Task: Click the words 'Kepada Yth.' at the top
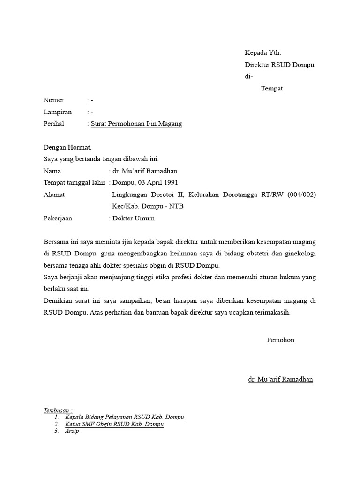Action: pos(263,53)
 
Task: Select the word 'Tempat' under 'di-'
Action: pos(272,89)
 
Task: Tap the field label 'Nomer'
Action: pos(53,100)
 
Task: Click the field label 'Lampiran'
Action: pos(57,112)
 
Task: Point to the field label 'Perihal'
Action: pos(53,124)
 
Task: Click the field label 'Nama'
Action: pos(52,171)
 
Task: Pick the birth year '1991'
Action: pos(170,183)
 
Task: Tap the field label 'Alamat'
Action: pos(54,195)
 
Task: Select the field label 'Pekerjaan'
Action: pos(58,218)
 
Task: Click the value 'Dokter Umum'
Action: pos(133,218)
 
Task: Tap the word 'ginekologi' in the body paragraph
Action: pos(300,254)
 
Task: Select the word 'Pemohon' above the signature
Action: pos(280,340)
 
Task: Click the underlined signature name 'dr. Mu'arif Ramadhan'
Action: pos(280,379)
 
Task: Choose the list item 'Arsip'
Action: pos(72,431)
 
